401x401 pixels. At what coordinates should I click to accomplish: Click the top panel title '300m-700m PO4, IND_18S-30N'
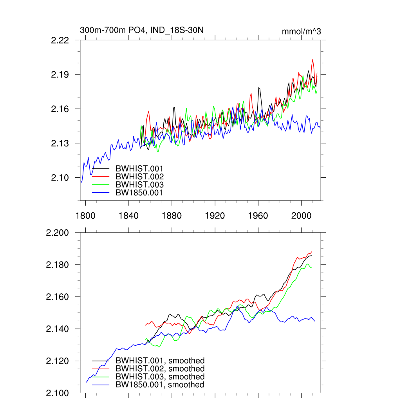pos(141,30)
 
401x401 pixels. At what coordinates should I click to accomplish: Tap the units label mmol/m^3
pos(301,31)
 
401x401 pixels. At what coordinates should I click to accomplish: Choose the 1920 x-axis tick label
pos(215,216)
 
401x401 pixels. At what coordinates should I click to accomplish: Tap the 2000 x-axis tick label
pos(301,216)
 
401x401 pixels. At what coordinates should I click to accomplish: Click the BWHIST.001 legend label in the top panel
pos(139,169)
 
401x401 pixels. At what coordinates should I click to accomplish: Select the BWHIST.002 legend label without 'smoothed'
pos(139,177)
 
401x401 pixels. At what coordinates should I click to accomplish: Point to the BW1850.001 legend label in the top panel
pos(139,193)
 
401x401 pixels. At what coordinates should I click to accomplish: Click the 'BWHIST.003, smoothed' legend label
pos(160,377)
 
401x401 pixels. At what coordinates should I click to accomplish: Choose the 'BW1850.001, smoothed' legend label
pos(160,385)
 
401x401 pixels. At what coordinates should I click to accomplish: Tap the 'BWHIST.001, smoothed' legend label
pos(160,361)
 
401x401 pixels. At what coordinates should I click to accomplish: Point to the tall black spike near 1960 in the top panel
pos(259,88)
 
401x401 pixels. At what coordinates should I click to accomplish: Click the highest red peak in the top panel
pos(312,60)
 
